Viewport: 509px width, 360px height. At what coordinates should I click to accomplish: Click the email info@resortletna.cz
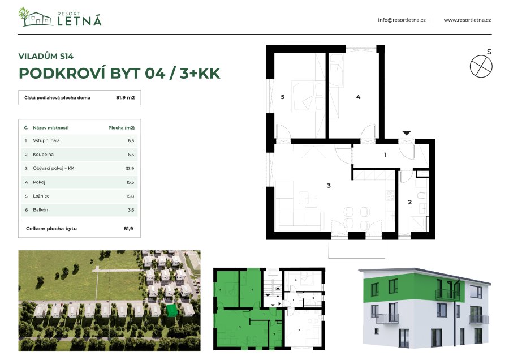tap(402, 20)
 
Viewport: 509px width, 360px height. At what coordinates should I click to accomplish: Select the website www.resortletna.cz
tap(467, 20)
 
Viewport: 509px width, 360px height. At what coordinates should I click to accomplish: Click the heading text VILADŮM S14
tap(46, 56)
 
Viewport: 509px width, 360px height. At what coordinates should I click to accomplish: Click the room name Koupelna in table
tap(44, 154)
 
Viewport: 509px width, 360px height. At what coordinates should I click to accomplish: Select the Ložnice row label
tap(42, 196)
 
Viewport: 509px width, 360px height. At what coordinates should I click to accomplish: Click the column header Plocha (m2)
tap(121, 128)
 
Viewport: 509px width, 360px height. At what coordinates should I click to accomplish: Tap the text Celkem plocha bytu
tap(51, 229)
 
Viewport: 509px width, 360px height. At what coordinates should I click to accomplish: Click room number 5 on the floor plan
tap(282, 97)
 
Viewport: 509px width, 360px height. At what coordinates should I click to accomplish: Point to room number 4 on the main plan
tap(358, 97)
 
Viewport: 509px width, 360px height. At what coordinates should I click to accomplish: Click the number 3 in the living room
tap(328, 186)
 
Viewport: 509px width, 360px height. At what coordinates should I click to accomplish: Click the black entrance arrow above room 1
tap(406, 134)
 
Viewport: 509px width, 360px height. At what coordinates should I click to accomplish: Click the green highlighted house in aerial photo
tap(171, 310)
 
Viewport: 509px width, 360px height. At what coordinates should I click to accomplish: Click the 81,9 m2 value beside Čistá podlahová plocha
tap(125, 98)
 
